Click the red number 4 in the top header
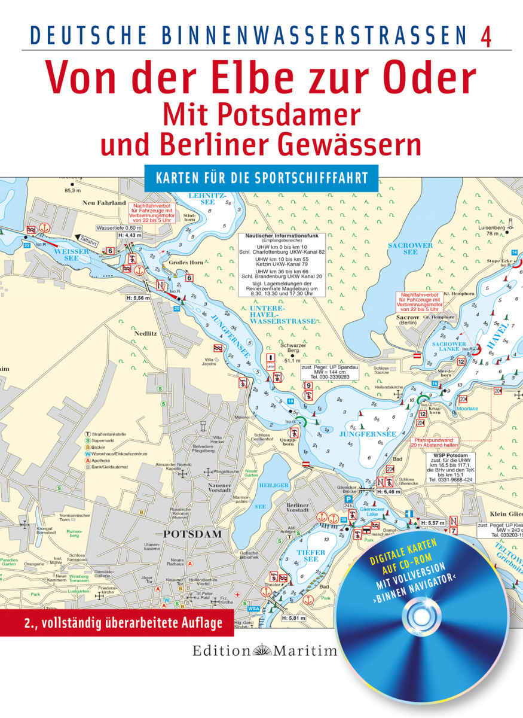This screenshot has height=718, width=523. pyautogui.click(x=487, y=36)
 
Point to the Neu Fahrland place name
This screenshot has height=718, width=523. pyautogui.click(x=104, y=203)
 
